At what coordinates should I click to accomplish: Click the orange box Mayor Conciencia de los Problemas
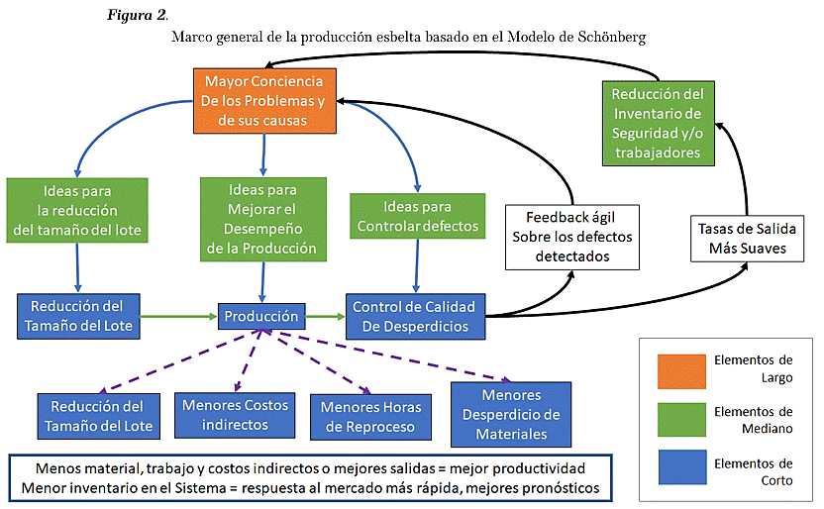(264, 100)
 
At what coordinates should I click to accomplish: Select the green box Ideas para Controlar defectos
(417, 216)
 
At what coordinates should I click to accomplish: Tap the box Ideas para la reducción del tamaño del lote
(77, 210)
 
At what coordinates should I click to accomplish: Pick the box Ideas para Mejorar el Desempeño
(262, 219)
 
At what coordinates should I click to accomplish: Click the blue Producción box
(261, 316)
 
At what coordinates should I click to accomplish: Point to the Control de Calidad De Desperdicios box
(415, 316)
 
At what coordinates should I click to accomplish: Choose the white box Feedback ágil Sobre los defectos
(572, 237)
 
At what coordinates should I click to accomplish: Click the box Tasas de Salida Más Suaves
(747, 239)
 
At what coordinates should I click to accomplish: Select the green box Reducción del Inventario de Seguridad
(658, 124)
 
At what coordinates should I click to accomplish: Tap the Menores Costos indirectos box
(235, 415)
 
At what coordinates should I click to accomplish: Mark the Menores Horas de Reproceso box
(370, 417)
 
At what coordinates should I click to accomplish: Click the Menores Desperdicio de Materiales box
(511, 415)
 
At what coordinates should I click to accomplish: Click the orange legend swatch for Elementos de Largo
(681, 371)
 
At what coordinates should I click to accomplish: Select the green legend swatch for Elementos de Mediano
(681, 420)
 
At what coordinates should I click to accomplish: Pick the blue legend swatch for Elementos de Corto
(682, 467)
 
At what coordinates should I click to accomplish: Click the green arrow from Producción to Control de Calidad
(325, 316)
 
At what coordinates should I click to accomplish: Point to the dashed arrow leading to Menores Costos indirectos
(248, 360)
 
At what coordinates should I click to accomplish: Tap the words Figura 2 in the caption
(137, 15)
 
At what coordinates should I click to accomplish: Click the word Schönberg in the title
(612, 38)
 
